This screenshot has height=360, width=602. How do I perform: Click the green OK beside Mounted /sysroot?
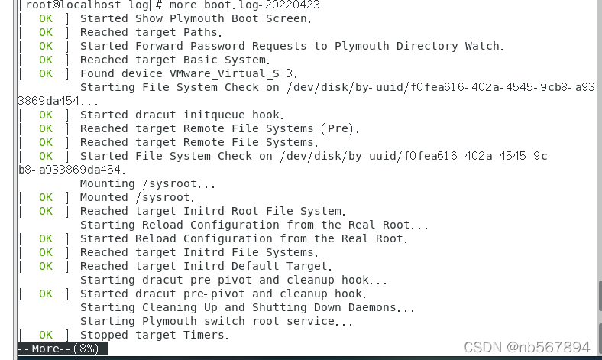(x=46, y=197)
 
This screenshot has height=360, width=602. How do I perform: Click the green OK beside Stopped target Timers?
(x=46, y=335)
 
